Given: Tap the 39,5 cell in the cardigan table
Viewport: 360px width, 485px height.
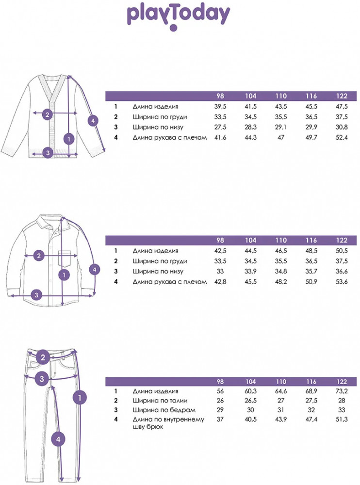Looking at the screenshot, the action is coord(220,106).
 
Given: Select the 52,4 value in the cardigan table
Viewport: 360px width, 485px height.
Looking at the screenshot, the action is coord(342,137).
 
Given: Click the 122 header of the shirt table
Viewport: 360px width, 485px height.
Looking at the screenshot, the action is coord(342,241).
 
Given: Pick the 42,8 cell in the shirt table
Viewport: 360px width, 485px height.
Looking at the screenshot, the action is coord(220,282).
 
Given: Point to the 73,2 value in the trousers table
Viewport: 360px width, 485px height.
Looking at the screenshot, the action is coord(342,391).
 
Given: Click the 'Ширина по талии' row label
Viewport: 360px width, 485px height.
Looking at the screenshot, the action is coord(160,401).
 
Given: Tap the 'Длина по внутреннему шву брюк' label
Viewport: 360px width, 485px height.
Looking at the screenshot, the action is coord(168,423).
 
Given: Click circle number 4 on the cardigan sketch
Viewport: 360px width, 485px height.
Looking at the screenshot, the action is coord(93,121).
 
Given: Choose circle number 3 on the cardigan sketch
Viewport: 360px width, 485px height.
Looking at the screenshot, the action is coord(48,152).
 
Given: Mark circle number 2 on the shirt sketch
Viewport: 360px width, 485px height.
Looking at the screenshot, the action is coord(39,256).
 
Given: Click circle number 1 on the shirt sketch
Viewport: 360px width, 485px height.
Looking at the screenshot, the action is coord(64,275).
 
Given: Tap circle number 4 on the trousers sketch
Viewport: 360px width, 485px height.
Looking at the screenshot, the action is coord(58,439).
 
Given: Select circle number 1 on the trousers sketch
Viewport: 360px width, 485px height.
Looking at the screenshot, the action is coord(80,398).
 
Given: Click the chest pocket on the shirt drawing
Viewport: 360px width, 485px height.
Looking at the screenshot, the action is coord(68,259).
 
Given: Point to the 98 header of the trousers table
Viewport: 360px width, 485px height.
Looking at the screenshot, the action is coord(220,382).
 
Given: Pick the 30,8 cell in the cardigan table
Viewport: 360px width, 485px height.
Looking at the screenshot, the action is coord(342,127).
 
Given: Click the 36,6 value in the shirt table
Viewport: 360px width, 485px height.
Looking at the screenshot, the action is coord(342,272).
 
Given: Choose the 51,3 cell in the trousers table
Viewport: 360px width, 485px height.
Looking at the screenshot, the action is coord(342,420).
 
